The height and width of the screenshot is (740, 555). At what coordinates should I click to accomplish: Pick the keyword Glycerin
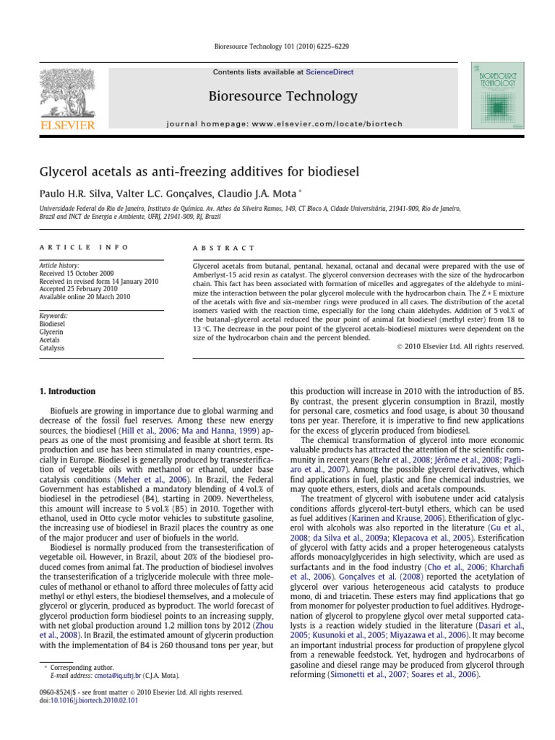[51, 332]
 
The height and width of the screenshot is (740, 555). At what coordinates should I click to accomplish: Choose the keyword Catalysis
[52, 348]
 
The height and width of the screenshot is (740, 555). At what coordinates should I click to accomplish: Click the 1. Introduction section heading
[66, 392]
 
